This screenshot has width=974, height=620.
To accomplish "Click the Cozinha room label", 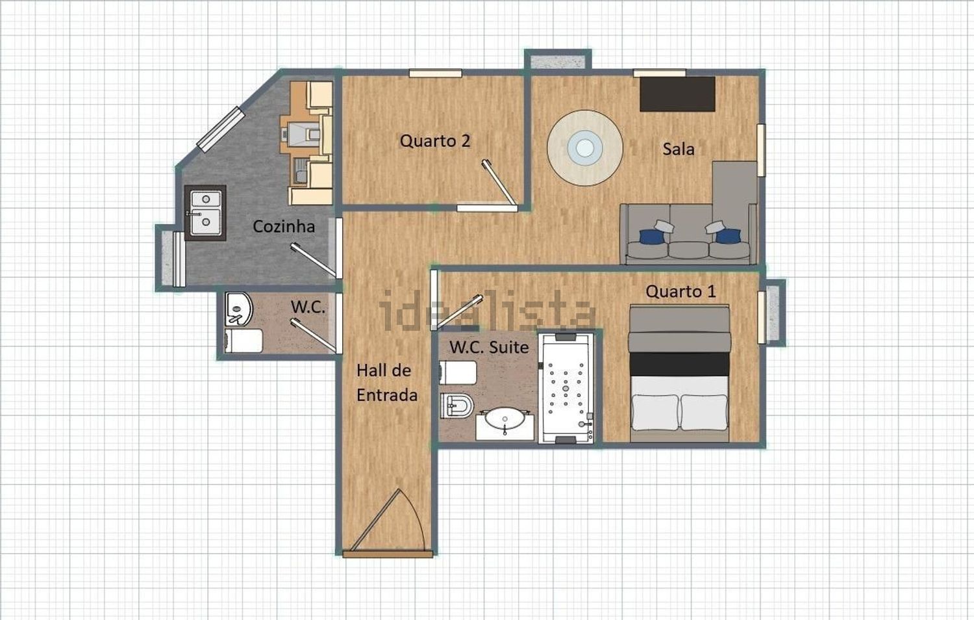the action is pos(284,226).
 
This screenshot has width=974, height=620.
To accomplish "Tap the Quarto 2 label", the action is pos(435,141).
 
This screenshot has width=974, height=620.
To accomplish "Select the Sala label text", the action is pos(679,149).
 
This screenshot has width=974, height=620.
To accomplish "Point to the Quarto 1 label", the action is pos(681,292).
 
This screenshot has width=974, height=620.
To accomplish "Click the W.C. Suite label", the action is pos(489,347).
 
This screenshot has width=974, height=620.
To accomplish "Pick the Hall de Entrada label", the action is pos(386,383).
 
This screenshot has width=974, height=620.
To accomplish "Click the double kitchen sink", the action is pos(205,213).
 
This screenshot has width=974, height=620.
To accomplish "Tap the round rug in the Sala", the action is pos(585,148).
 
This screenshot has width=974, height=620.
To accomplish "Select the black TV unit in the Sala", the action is pos(677,94).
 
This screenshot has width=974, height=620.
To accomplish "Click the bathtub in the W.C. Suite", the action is pos(566,388).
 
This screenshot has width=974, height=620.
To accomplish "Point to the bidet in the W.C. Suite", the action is pos(456,406).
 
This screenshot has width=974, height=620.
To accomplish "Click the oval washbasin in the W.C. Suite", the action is pos(505,419).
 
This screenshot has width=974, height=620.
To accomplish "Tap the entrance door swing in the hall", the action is pos(388,522).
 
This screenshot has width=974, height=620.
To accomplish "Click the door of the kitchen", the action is pos(313,260).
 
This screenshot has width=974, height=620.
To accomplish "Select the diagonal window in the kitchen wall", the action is pos(221,129).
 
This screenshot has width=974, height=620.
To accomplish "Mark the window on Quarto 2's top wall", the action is pos(435,73).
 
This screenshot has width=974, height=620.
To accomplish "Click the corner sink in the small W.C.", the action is pos(238,309).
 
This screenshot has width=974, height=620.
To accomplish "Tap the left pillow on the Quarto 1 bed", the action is pos(655,412).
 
